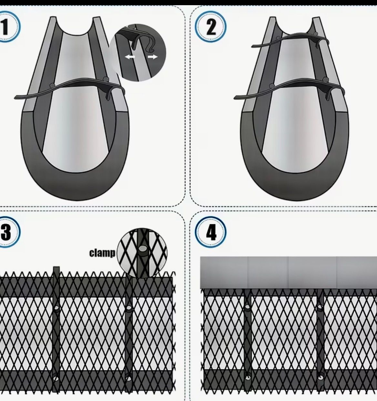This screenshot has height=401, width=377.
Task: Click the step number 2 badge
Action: tap(211, 27)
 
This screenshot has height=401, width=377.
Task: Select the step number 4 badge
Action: tap(211, 232)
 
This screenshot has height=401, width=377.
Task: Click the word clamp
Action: tap(102, 253)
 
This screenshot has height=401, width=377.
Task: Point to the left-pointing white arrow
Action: tap(130, 57)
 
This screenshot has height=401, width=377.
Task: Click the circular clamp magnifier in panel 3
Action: tap(142, 252)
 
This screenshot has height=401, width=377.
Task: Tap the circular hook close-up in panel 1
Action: tap(138, 53)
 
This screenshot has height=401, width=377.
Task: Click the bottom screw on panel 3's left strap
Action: tap(56, 377)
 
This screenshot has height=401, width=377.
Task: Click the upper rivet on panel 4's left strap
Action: tap(248, 307)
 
